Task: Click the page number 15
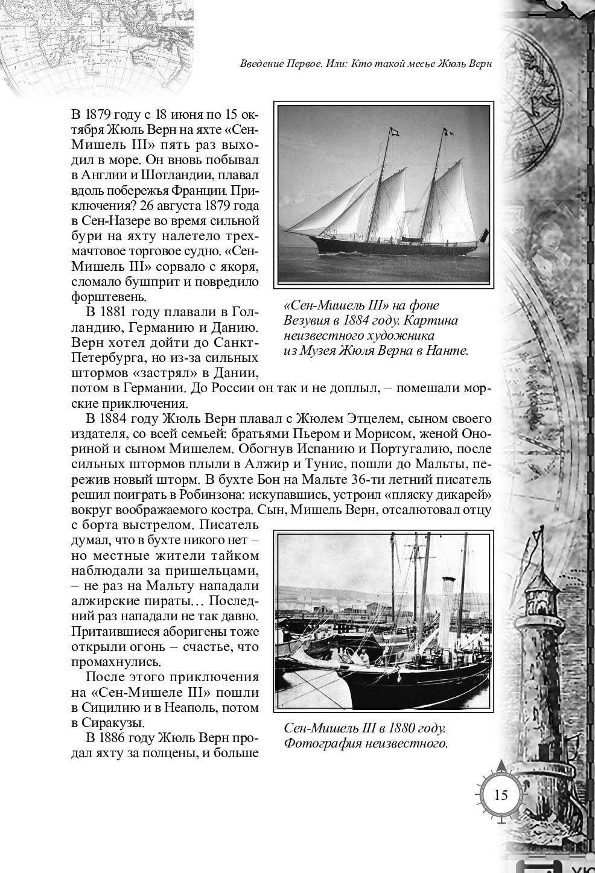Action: click(501, 794)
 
